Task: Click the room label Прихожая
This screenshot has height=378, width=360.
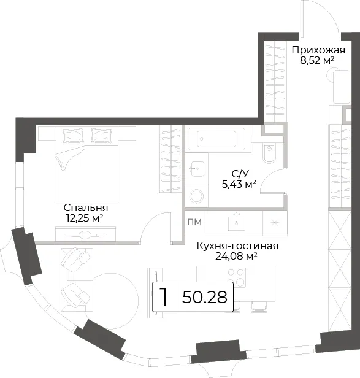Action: tap(318, 50)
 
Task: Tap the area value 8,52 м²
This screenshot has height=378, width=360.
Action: tap(317, 60)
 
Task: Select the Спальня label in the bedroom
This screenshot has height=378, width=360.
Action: tap(86, 207)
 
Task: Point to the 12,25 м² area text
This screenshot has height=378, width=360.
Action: tap(85, 218)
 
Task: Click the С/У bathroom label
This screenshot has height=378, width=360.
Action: tap(240, 174)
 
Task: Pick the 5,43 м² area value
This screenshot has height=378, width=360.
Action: tap(239, 185)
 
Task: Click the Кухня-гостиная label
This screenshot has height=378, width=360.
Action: tap(237, 246)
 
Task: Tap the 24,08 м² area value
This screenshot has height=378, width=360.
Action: tap(236, 256)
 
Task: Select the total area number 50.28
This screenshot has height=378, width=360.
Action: tap(205, 297)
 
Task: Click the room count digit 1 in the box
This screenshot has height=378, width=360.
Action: tap(164, 297)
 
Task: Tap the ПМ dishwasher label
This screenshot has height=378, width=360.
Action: tap(194, 222)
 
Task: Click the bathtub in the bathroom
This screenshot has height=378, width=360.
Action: tap(216, 139)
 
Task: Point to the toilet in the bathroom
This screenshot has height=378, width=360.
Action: tap(269, 153)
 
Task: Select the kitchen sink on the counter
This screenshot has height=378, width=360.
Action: tap(237, 222)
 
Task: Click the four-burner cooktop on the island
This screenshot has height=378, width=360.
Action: tap(236, 277)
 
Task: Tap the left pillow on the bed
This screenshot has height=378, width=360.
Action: tap(70, 136)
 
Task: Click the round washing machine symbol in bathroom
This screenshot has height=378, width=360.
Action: tap(196, 196)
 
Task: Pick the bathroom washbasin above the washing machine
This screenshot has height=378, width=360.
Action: tap(197, 169)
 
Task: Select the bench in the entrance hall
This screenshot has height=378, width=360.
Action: tap(341, 87)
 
